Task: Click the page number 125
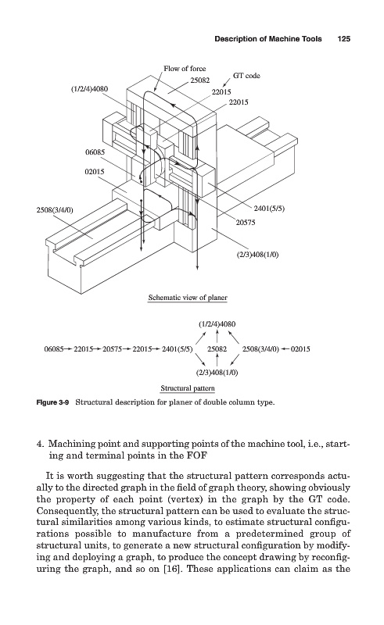coord(343,38)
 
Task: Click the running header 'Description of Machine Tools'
coord(267,38)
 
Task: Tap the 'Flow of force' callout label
coord(185,69)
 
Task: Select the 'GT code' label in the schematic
coord(246,75)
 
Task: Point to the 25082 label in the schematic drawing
coord(199,80)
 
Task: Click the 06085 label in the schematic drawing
coord(95,152)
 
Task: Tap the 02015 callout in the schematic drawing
coord(95,172)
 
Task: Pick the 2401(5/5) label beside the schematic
coord(269,208)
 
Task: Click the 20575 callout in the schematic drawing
coord(245,223)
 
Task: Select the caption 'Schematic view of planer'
coord(188,298)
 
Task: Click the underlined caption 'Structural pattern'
coord(188,388)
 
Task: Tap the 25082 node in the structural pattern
coord(217,349)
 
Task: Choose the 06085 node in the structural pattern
coord(53,349)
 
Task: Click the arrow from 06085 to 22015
coord(69,349)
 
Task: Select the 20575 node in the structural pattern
coord(113,349)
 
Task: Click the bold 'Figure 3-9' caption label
coord(52,402)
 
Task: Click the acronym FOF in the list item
coord(196,455)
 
